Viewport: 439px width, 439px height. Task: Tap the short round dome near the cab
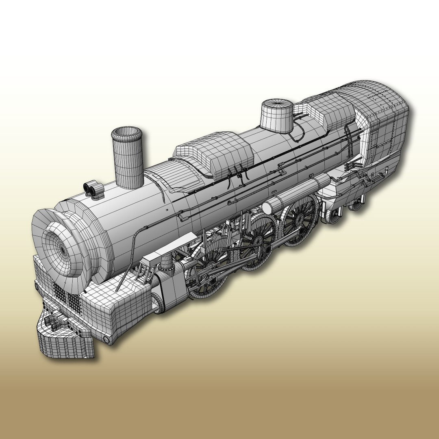pyautogui.click(x=276, y=115)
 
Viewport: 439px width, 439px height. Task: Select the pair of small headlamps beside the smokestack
pyautogui.click(x=93, y=189)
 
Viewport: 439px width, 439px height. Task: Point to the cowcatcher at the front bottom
pyautogui.click(x=65, y=341)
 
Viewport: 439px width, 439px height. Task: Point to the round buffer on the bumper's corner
pyautogui.click(x=106, y=339)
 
